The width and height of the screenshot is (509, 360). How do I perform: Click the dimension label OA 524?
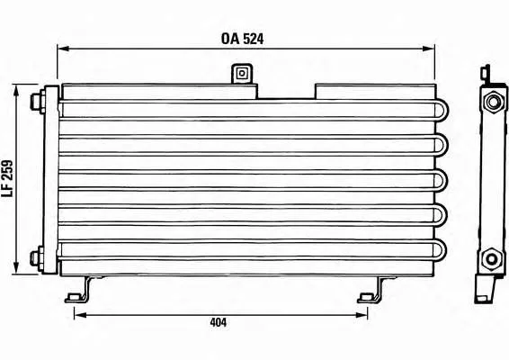point(242,39)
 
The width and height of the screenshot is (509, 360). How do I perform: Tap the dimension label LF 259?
point(7,178)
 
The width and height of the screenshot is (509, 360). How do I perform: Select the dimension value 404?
point(219,322)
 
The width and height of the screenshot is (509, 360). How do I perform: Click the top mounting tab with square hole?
point(242,74)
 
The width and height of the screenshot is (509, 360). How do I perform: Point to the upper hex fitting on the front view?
point(37,102)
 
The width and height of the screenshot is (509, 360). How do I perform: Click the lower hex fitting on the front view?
point(37,258)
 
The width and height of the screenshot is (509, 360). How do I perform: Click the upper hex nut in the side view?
point(493,103)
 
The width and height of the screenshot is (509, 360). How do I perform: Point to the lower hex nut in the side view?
point(492,259)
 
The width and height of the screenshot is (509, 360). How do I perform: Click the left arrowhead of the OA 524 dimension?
point(63,49)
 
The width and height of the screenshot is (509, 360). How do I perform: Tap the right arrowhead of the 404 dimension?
point(362,315)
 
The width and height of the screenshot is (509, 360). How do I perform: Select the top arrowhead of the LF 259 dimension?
point(16,90)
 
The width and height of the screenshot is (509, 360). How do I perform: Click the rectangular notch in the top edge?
point(286,92)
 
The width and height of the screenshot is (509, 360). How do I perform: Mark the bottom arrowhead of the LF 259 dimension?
point(16,268)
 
